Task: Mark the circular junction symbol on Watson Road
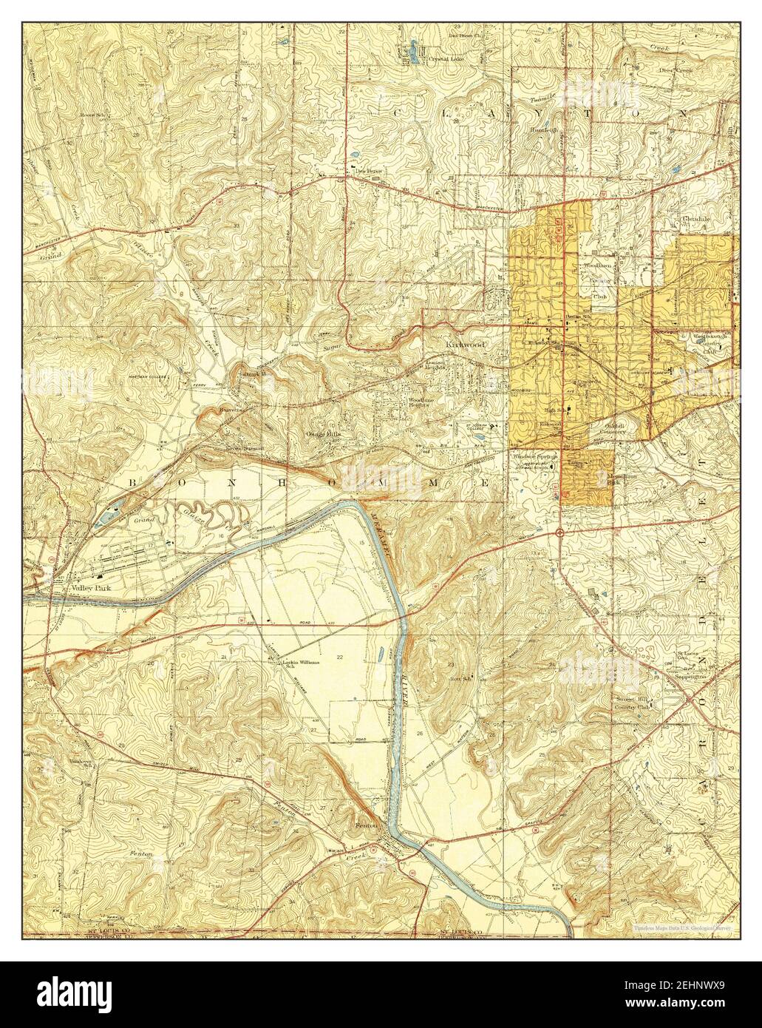[x=560, y=532]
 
